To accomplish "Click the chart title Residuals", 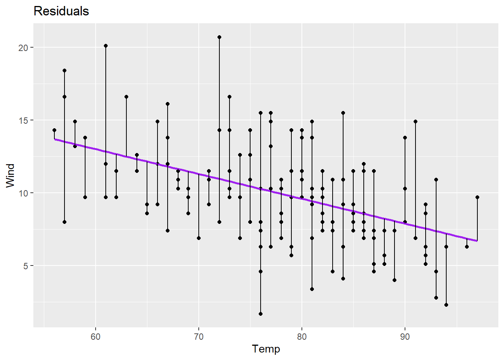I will click(61, 11).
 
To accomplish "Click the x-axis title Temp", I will click(266, 349).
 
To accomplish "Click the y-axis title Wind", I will click(10, 175).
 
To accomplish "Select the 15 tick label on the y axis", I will click(24, 120).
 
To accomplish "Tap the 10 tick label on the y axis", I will click(24, 193).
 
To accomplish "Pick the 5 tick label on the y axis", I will click(26, 266).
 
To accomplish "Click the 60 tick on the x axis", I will click(96, 336).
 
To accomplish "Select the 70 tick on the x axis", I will click(199, 336).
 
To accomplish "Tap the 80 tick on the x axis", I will click(302, 336).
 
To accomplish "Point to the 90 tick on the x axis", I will click(405, 336).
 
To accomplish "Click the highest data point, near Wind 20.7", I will click(219, 37).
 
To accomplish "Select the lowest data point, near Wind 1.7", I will click(261, 314).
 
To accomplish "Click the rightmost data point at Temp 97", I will click(477, 197).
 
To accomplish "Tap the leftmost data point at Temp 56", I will click(54, 130).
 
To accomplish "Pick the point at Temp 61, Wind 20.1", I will click(106, 46).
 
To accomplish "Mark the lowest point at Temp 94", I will click(446, 305).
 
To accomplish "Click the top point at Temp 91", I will click(415, 121).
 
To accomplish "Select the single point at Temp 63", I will click(126, 97).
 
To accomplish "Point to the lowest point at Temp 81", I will click(312, 289).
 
